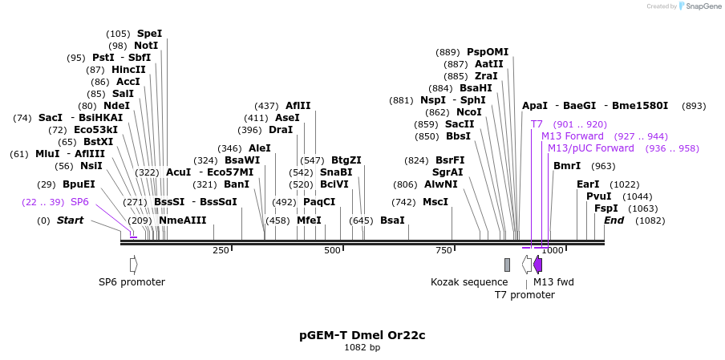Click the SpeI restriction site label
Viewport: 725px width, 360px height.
click(149, 34)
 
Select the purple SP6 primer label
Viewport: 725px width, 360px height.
click(79, 202)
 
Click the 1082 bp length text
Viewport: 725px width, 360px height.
click(362, 348)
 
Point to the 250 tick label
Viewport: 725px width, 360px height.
click(221, 251)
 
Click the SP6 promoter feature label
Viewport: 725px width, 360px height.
click(132, 282)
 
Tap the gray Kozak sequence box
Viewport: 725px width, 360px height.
click(507, 265)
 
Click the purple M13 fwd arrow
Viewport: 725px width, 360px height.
click(537, 265)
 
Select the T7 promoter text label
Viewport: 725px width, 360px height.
click(524, 295)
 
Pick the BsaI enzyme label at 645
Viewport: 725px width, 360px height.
click(392, 220)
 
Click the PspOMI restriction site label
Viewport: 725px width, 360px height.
click(488, 52)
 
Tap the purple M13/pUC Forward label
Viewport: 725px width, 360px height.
click(590, 148)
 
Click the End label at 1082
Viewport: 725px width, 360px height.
click(614, 220)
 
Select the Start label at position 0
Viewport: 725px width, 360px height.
click(70, 220)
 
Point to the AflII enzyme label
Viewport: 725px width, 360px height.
click(298, 106)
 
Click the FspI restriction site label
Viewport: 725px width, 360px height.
click(606, 208)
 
